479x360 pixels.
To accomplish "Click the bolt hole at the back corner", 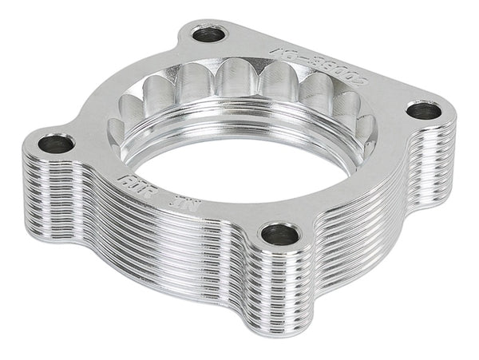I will pos(209,34).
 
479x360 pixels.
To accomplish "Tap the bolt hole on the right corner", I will pos(423,110).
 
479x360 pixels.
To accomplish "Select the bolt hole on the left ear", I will pos(55,144).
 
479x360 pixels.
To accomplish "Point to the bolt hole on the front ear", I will pos(280,234).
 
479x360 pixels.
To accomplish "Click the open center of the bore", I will pos(239,164).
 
